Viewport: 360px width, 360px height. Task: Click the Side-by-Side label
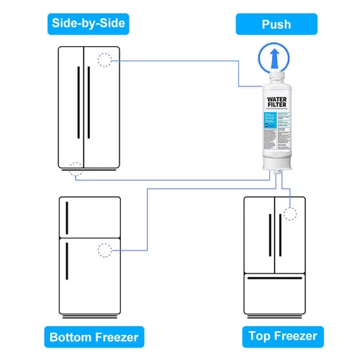pos(89,24)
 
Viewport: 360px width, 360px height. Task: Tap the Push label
pos(276,24)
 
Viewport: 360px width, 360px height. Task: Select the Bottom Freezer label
pos(94,336)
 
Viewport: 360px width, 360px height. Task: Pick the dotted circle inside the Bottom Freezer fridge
pos(105,251)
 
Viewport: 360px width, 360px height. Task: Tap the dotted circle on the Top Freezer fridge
pos(291,214)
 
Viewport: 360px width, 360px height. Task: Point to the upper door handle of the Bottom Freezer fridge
pos(66,215)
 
